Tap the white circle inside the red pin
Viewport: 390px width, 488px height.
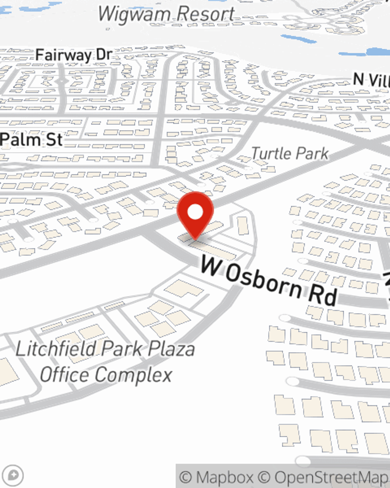[x=195, y=212]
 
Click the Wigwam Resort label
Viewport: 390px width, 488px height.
[x=166, y=14]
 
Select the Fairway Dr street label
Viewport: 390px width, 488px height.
[x=74, y=55]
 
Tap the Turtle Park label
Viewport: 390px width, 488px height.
[x=290, y=153]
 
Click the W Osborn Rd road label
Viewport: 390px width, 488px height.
[x=269, y=283]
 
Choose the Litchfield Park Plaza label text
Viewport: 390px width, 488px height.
[x=105, y=349]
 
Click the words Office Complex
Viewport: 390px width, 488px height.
[x=106, y=375]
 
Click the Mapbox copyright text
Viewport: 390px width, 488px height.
[x=216, y=477]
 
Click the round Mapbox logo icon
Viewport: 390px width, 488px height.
[x=13, y=476]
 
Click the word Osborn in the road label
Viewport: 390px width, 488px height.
[x=264, y=281]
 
